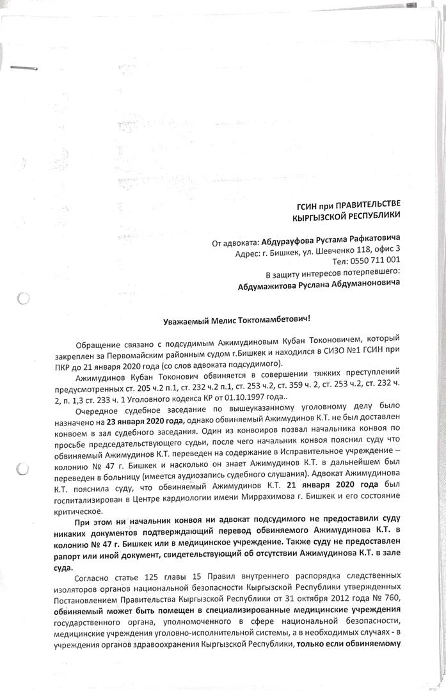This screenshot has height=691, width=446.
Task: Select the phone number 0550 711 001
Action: pos(374,260)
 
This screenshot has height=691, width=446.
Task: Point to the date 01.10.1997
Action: pos(235,396)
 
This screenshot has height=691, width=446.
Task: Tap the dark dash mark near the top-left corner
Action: pos(24,66)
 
